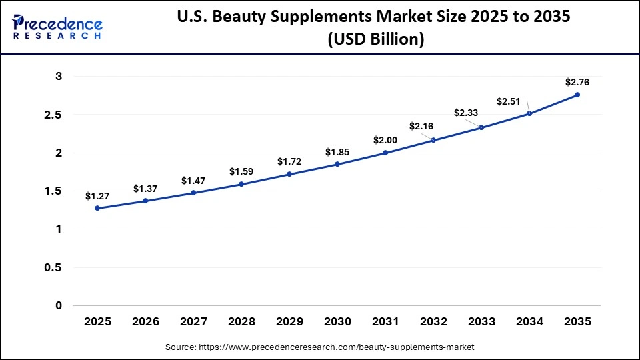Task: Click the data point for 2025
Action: [x=97, y=208]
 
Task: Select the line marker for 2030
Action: [x=337, y=164]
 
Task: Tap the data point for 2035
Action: [x=577, y=95]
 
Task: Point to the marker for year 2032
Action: [x=433, y=140]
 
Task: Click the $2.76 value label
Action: [x=577, y=82]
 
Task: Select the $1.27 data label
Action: [x=97, y=196]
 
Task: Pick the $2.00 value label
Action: [x=385, y=140]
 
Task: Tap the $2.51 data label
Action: [x=508, y=101]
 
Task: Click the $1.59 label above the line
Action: [x=241, y=171]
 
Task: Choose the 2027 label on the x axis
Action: [x=193, y=321]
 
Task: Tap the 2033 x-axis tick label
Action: [x=481, y=321]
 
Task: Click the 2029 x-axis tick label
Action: [x=289, y=321]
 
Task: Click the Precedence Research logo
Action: [x=57, y=27]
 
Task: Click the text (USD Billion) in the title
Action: [x=375, y=39]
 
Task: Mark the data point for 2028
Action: [x=241, y=184]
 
